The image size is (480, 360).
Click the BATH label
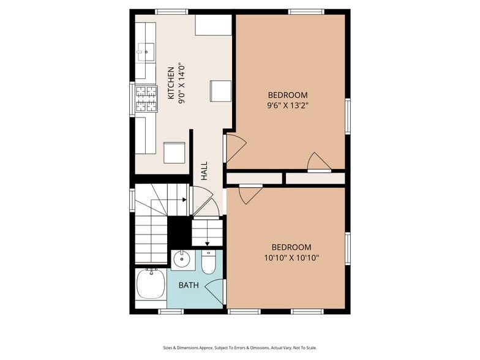(x=187, y=285)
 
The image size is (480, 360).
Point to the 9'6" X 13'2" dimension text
(x=287, y=106)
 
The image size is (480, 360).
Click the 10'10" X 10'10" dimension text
(x=287, y=257)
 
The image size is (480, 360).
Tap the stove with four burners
(x=146, y=99)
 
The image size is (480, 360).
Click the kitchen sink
(x=146, y=52)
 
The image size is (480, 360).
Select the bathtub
(x=150, y=284)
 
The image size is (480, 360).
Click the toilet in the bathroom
(x=208, y=263)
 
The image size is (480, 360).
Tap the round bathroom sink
(x=181, y=260)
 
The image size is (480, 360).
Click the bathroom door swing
(x=215, y=286)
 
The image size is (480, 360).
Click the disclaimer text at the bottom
(x=239, y=347)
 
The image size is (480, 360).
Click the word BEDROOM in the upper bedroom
(x=287, y=95)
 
